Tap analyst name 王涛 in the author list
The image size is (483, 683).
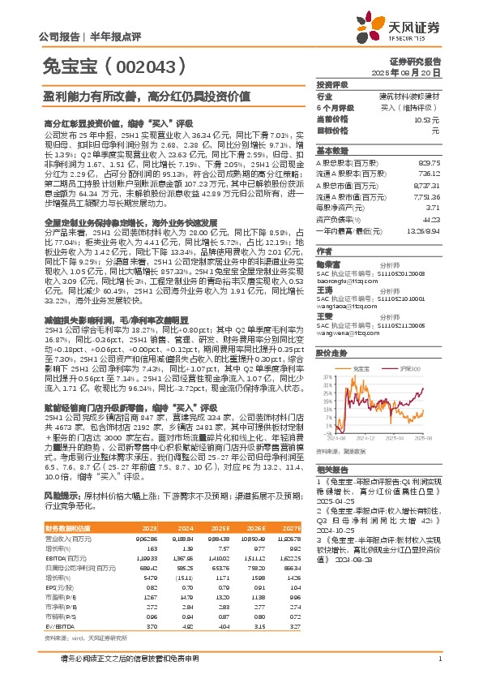[x=324, y=289]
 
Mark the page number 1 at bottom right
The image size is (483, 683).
[x=438, y=669]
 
